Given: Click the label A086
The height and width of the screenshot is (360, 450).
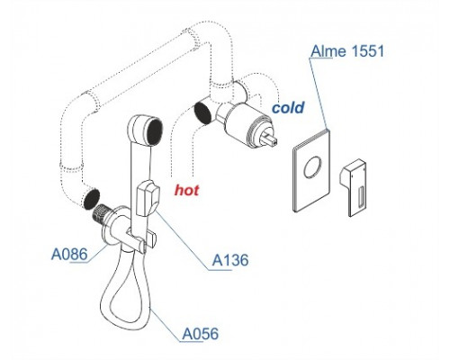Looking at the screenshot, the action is pyautogui.click(x=69, y=255).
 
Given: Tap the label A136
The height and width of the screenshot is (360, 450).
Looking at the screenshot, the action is pyautogui.click(x=230, y=260).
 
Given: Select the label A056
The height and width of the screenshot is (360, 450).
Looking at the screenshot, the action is pyautogui.click(x=201, y=334).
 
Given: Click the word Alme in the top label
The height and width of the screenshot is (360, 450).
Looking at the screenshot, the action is pyautogui.click(x=328, y=50).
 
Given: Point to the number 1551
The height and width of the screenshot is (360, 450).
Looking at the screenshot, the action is pyautogui.click(x=367, y=50).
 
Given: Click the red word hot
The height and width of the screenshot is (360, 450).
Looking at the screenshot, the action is pyautogui.click(x=187, y=190).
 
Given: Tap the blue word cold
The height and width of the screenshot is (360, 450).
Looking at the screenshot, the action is pyautogui.click(x=288, y=107).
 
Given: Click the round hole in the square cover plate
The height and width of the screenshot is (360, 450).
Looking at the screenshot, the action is pyautogui.click(x=312, y=167).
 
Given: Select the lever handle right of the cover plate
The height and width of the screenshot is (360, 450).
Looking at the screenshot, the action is pyautogui.click(x=354, y=187).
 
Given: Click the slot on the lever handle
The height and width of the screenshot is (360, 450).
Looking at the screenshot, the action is pyautogui.click(x=361, y=196).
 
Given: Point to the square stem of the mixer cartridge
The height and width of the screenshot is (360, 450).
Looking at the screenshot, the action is pyautogui.click(x=270, y=139).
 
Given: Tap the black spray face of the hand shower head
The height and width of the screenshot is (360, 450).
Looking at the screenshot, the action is pyautogui.click(x=155, y=132).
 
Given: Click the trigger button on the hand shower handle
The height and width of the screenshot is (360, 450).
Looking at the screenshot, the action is pyautogui.click(x=148, y=198).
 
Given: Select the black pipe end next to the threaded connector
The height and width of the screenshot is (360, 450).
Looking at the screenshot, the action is pyautogui.click(x=91, y=199).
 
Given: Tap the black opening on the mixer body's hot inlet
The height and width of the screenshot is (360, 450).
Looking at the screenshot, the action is pyautogui.click(x=202, y=112).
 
